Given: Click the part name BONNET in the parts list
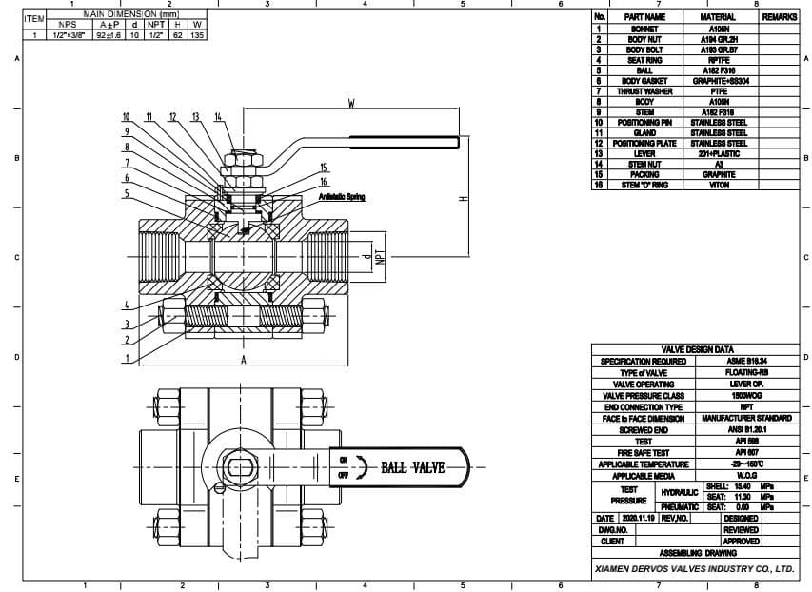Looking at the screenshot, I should [x=644, y=30].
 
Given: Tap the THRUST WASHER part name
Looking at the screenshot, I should [x=644, y=91].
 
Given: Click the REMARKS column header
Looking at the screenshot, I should [x=779, y=17].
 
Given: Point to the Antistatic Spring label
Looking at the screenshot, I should [x=342, y=197].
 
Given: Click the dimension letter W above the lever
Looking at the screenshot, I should [x=351, y=105].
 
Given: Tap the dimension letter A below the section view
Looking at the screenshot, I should [x=243, y=360].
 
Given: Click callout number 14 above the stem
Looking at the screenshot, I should [x=218, y=116].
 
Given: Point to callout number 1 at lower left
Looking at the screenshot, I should [x=126, y=358].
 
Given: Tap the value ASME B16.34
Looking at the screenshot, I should [x=747, y=362].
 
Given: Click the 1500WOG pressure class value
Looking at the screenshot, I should [x=747, y=395].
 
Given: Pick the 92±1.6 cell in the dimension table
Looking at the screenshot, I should [x=106, y=35].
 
